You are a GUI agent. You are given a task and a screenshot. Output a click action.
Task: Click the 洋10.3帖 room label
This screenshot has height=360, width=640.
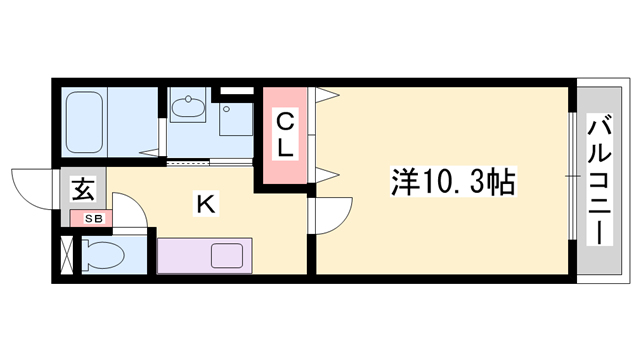pos(453,182)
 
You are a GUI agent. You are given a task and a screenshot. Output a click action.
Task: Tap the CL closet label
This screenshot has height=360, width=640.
pos(285,136)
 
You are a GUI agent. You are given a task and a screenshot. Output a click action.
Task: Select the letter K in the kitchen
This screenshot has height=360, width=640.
pos(206,204)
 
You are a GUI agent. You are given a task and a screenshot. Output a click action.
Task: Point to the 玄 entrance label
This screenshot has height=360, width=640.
pos(83,189)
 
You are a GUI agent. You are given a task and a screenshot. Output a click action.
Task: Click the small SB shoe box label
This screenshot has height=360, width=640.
pos(93,219)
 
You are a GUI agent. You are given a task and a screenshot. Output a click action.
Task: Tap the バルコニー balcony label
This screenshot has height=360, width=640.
pos(599,180)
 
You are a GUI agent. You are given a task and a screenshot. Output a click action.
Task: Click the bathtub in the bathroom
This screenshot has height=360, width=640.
pos(84,122)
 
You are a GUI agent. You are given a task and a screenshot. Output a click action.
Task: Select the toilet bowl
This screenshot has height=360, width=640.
pos(102,256)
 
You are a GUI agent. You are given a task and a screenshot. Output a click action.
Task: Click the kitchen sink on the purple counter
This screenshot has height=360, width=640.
pos(227,256)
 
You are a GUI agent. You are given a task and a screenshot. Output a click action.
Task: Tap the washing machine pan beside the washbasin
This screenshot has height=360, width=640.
pos(236,119)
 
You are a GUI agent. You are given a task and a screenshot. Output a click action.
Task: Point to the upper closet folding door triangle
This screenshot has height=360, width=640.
pos(327,95)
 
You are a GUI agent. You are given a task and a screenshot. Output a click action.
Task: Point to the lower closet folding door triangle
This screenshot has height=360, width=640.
pos(327,175)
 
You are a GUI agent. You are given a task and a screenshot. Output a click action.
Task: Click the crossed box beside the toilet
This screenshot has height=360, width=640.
pos(67,255)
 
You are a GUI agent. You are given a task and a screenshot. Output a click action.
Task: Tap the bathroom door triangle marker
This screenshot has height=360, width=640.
pos(149,153)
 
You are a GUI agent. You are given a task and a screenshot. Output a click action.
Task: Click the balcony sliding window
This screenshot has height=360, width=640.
pos(572,176)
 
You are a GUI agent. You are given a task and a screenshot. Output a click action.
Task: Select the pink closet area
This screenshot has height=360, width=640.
pos(285,136)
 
